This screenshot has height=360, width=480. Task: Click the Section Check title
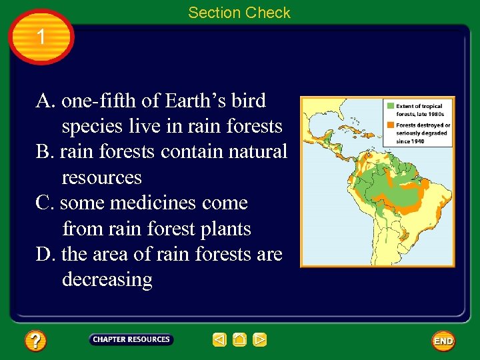[x=239, y=13]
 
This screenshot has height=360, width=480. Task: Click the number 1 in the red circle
[x=41, y=37]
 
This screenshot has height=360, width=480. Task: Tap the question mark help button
[x=35, y=341]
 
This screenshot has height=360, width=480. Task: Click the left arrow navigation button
[x=220, y=340]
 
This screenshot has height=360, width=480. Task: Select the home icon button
[x=240, y=340]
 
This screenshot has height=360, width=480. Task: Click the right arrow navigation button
[x=260, y=340]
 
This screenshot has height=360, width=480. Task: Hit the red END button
[x=443, y=341]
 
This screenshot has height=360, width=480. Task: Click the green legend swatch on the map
[x=390, y=106]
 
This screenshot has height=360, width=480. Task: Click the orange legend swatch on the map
[x=390, y=125]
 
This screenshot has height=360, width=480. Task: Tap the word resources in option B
[x=101, y=178]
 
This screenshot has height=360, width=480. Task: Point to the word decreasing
[x=107, y=280]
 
